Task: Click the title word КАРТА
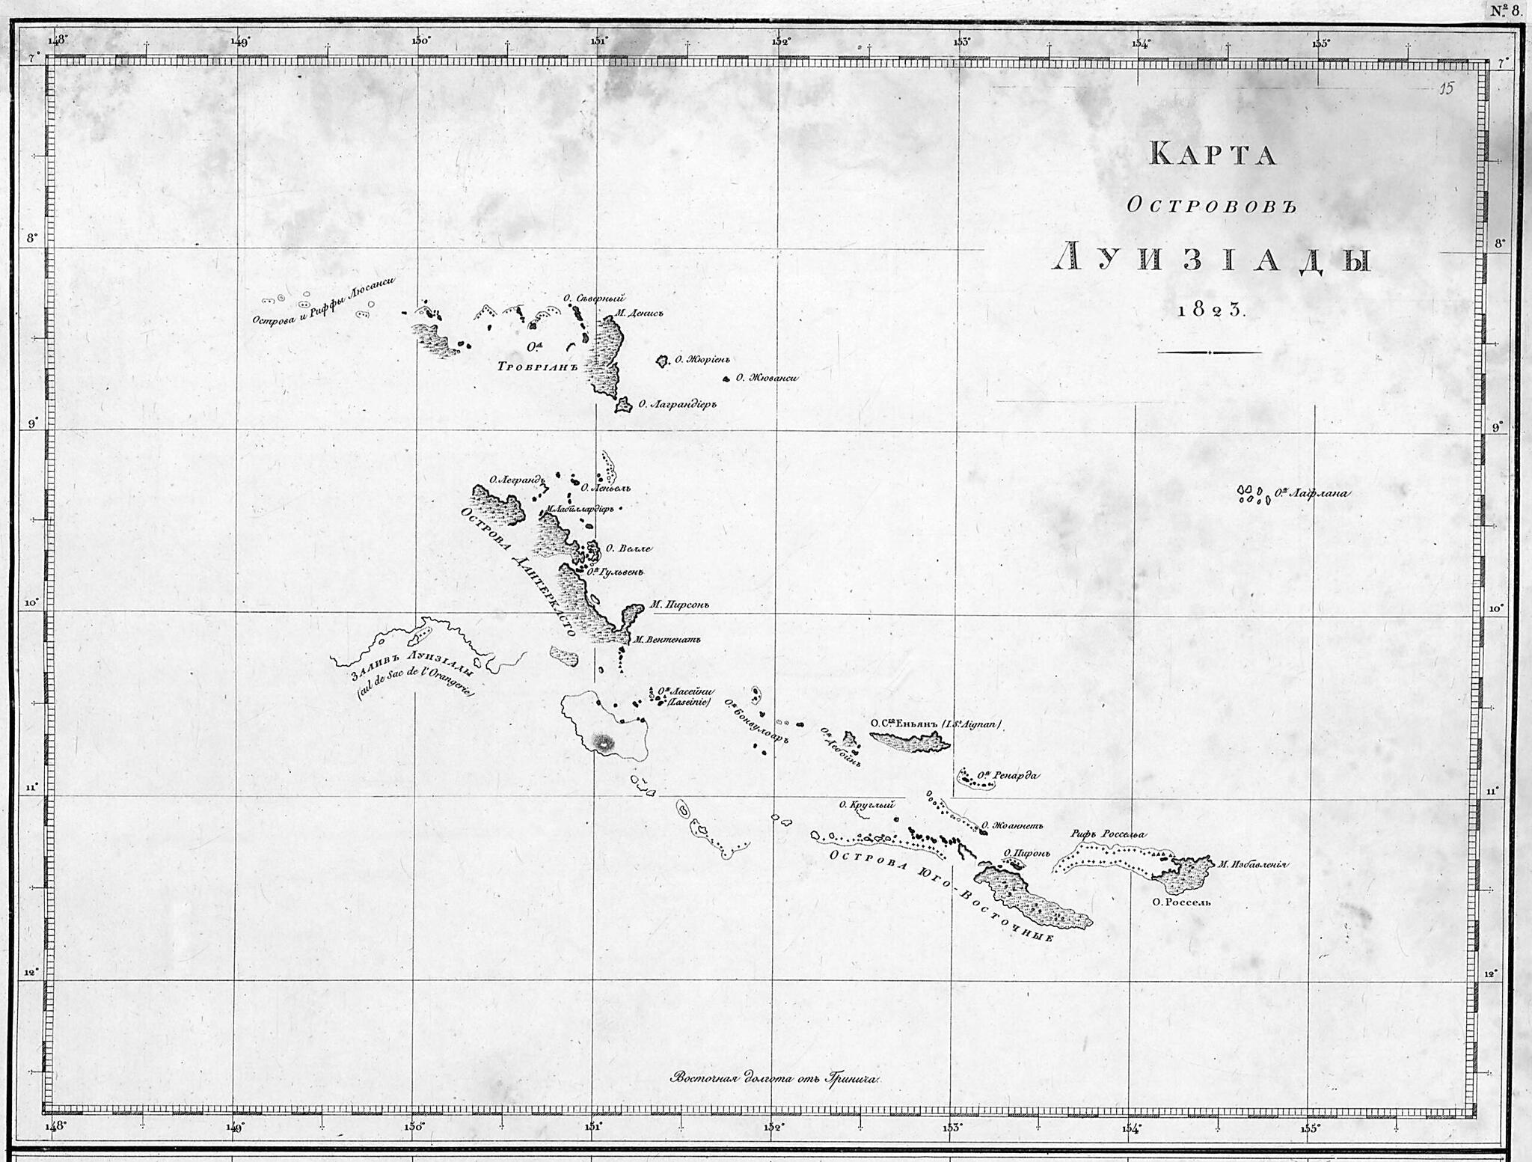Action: tap(1212, 154)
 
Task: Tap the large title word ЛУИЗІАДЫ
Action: tap(1212, 259)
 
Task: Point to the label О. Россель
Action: tap(1181, 902)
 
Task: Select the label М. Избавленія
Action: tap(1252, 864)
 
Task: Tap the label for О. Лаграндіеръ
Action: tap(677, 404)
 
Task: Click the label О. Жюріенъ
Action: tap(702, 360)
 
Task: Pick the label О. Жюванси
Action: tap(767, 378)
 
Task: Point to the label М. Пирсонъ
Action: tap(679, 605)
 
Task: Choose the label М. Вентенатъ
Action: tap(667, 640)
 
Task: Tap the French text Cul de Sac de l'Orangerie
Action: tap(417, 682)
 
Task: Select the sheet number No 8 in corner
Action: tap(1504, 10)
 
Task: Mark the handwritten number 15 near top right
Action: tap(1446, 89)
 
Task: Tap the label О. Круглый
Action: tap(866, 805)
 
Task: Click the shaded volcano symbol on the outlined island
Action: tap(603, 742)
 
